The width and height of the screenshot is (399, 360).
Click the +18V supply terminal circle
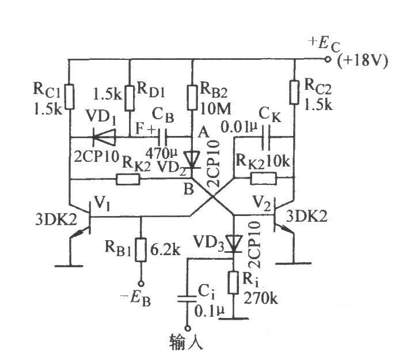328,59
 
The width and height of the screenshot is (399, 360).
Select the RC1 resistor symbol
70,97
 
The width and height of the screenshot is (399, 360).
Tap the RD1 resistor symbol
130,98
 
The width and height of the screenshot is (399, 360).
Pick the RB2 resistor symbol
193,97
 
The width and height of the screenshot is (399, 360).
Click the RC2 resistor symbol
294,92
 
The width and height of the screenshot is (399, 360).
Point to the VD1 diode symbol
104,138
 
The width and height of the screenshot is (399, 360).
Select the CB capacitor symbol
162,138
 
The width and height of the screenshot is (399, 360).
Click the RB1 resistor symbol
141,250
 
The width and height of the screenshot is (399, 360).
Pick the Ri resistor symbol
234,282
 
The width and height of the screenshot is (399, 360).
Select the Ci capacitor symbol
188,299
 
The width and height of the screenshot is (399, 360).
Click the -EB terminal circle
141,283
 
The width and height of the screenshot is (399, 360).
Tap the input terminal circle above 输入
188,328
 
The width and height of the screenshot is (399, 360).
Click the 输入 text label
187,342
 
